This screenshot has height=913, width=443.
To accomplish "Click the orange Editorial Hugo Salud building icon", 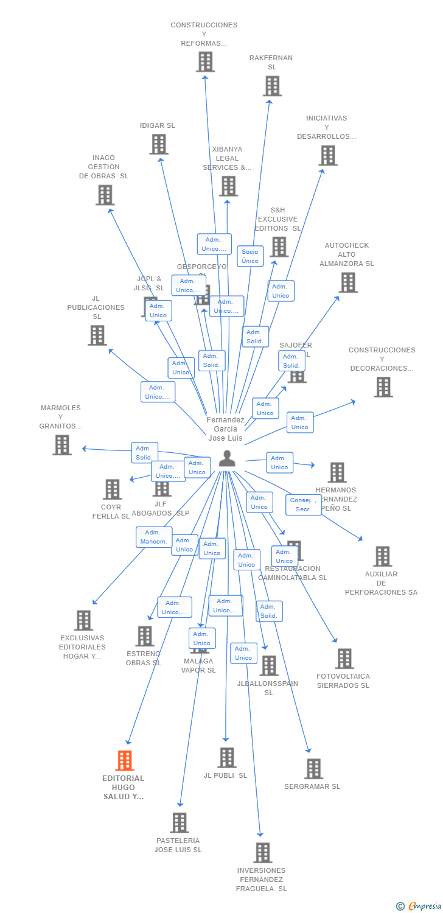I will click(x=125, y=760).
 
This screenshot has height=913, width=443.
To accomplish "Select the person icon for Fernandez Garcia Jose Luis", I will click(x=227, y=458).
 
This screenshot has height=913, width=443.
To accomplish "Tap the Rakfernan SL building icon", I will click(x=272, y=86).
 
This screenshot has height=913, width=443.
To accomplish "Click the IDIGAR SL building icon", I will click(x=159, y=144).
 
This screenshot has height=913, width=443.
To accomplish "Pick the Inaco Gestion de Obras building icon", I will click(x=105, y=195).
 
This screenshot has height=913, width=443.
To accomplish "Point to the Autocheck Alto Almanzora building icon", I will click(x=347, y=282).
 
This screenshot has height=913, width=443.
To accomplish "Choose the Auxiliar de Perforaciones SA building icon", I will click(x=382, y=556).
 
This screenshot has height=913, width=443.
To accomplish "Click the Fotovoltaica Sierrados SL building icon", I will click(x=344, y=659).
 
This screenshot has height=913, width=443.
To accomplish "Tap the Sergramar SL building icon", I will click(x=313, y=769).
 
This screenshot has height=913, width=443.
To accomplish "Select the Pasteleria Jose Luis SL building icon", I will click(x=180, y=823).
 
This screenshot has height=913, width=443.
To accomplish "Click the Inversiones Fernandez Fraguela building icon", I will click(x=263, y=853).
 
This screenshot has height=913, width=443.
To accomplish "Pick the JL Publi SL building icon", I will click(x=227, y=758).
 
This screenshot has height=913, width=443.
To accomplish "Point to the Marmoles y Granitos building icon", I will click(x=62, y=445).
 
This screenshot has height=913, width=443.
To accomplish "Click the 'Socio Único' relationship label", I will click(x=250, y=256).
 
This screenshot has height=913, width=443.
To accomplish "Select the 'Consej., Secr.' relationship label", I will click(x=303, y=505).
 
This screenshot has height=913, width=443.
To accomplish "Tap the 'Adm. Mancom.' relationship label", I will click(x=153, y=537).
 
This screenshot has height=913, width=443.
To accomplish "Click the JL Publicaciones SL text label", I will click(x=96, y=307).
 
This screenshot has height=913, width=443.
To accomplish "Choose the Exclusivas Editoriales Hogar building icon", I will click(x=83, y=620).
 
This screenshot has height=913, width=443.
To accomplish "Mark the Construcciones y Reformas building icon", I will click(x=205, y=61).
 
